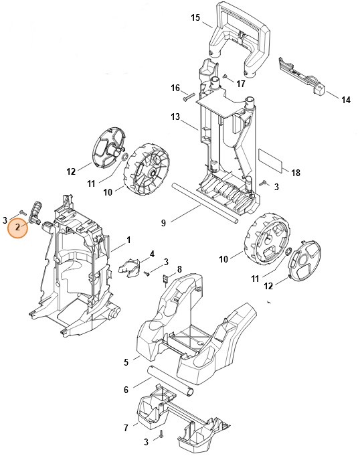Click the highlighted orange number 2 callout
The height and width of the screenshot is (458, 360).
pyautogui.click(x=18, y=228)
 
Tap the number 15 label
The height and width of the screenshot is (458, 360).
pyautogui.click(x=195, y=18)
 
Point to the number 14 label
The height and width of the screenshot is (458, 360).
pyautogui.click(x=346, y=100)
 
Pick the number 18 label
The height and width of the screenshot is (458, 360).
pyautogui.click(x=296, y=172)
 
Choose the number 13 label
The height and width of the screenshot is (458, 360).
pyautogui.click(x=175, y=117)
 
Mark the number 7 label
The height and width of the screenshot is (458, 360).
pyautogui.click(x=126, y=427)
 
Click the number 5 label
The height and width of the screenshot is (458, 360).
pyautogui.click(x=126, y=362)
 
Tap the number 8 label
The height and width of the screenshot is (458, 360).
pyautogui.click(x=179, y=269)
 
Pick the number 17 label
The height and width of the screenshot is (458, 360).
pyautogui.click(x=240, y=84)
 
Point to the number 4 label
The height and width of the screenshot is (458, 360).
pyautogui.click(x=152, y=254)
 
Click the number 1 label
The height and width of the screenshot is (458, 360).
pyautogui.click(x=128, y=239)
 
